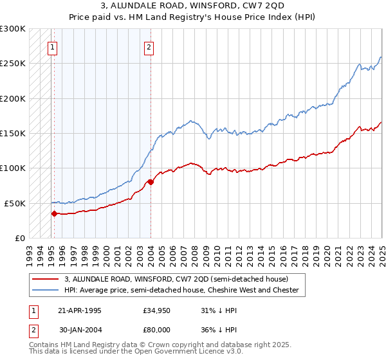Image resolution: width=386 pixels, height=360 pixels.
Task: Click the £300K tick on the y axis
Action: (x=13, y=29)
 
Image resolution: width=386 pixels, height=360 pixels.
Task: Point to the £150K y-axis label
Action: (x=13, y=133)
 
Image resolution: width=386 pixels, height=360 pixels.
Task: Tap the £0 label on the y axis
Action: (x=19, y=238)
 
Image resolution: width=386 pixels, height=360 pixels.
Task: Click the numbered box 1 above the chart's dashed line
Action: (x=51, y=46)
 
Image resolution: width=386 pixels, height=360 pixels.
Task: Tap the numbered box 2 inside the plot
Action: (x=149, y=46)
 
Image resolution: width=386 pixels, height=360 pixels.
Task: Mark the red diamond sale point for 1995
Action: (x=54, y=213)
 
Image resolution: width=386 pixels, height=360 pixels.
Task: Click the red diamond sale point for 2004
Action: (x=151, y=182)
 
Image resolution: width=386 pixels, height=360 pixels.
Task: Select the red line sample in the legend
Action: (x=45, y=279)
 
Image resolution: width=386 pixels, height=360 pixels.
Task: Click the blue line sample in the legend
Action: (x=45, y=290)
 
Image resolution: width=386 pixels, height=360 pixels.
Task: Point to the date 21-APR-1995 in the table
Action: (x=79, y=310)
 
